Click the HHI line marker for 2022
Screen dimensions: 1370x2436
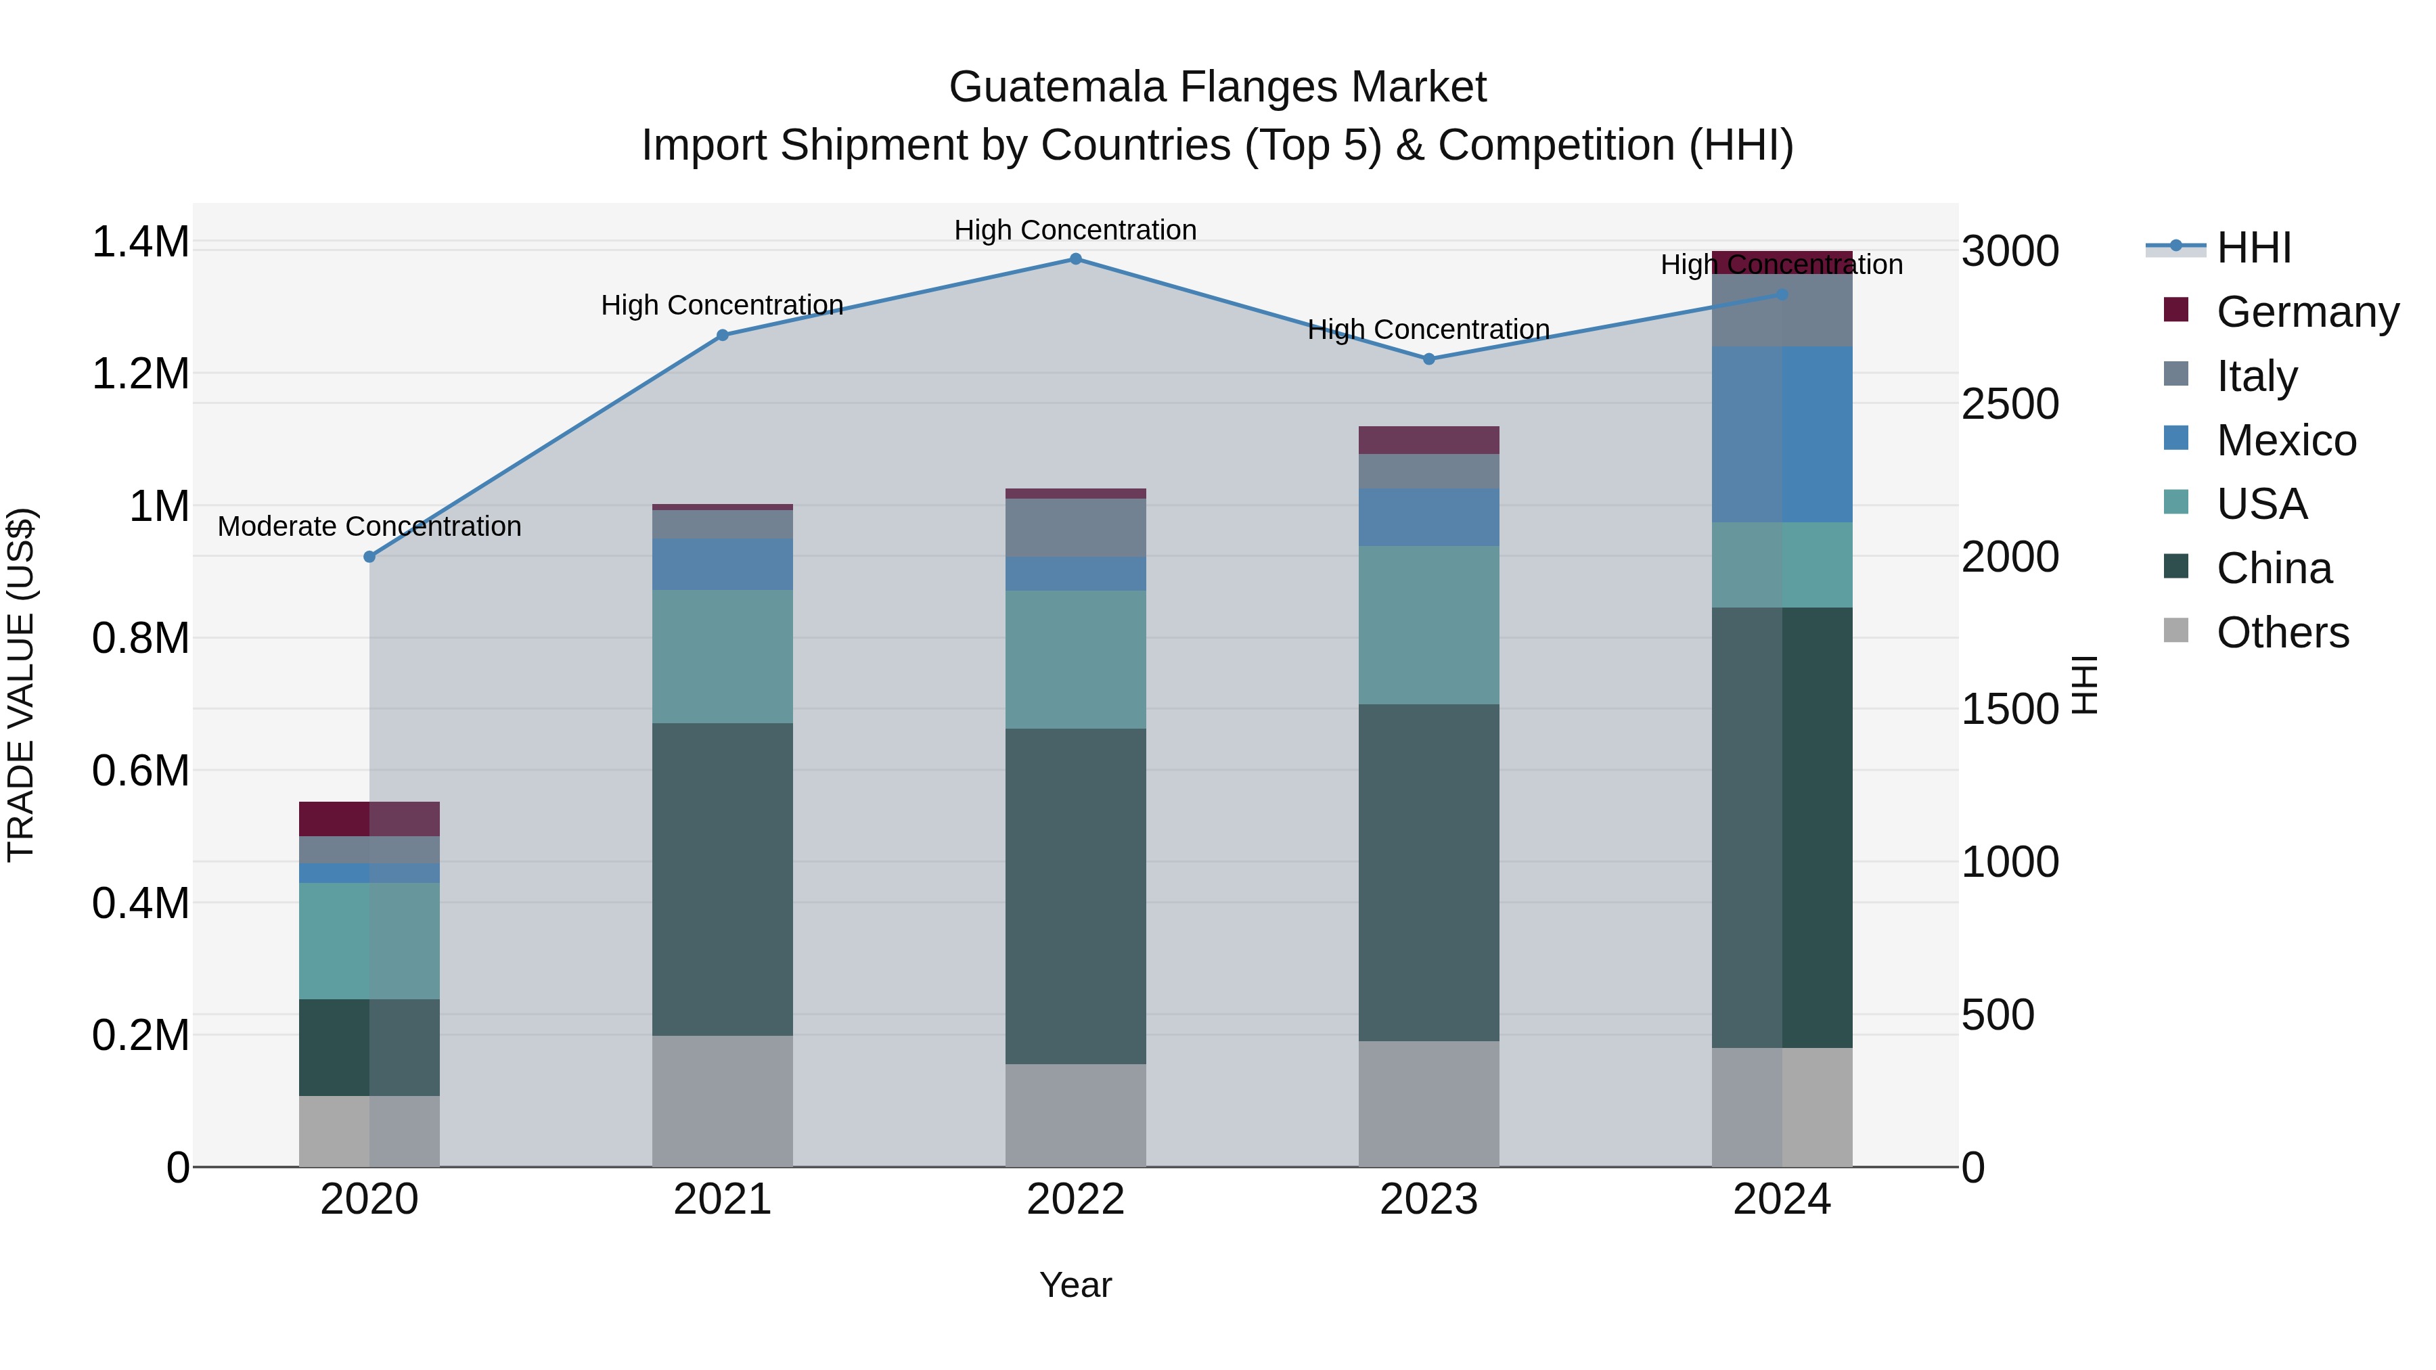point(1075,259)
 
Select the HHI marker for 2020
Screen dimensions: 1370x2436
point(369,557)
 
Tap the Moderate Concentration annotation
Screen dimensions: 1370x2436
point(369,526)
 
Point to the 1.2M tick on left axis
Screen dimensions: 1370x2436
point(140,374)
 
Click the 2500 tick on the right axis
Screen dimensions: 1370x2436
point(2010,405)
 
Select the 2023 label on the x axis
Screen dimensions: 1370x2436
point(1428,1200)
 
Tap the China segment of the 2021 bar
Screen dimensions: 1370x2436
point(723,880)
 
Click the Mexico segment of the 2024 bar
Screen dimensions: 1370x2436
point(1782,435)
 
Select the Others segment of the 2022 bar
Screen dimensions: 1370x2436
point(1075,1116)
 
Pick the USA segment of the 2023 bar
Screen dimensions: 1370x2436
point(1428,625)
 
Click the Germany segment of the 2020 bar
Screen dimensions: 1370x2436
point(369,819)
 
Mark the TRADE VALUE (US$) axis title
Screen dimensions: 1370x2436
point(21,685)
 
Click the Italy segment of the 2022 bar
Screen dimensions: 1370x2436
point(1075,528)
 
